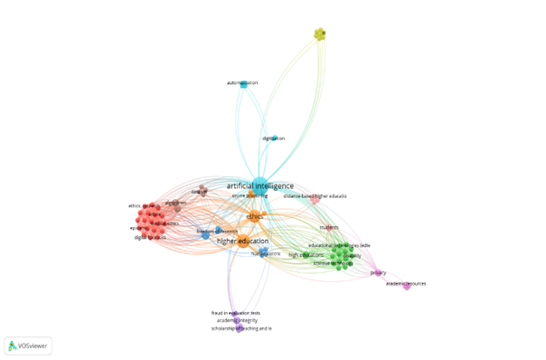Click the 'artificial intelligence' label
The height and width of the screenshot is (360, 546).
pos(285,185)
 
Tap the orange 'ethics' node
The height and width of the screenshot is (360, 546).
pos(255,216)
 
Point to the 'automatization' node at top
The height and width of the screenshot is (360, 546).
pos(242,83)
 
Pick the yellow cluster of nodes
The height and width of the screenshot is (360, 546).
pos(319,34)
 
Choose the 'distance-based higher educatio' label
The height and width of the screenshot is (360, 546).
pos(315,196)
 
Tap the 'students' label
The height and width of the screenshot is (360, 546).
pos(329,227)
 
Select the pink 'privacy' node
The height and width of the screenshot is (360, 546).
pos(378,272)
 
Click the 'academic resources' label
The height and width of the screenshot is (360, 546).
pos(406,284)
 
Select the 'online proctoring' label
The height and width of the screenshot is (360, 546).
pos(275,195)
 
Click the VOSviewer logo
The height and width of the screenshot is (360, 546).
pos(28,345)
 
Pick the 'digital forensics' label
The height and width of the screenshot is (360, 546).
pos(150,238)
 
